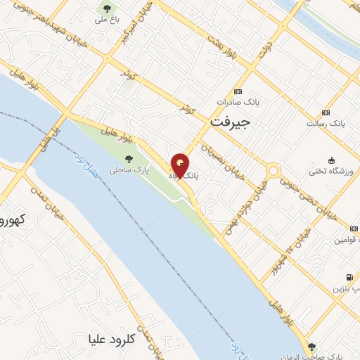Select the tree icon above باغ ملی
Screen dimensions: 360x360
107,9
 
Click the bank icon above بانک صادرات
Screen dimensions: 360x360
238,92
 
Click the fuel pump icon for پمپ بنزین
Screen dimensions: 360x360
349,278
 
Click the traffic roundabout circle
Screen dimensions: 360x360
273,171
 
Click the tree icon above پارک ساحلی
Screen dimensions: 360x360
127,159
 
